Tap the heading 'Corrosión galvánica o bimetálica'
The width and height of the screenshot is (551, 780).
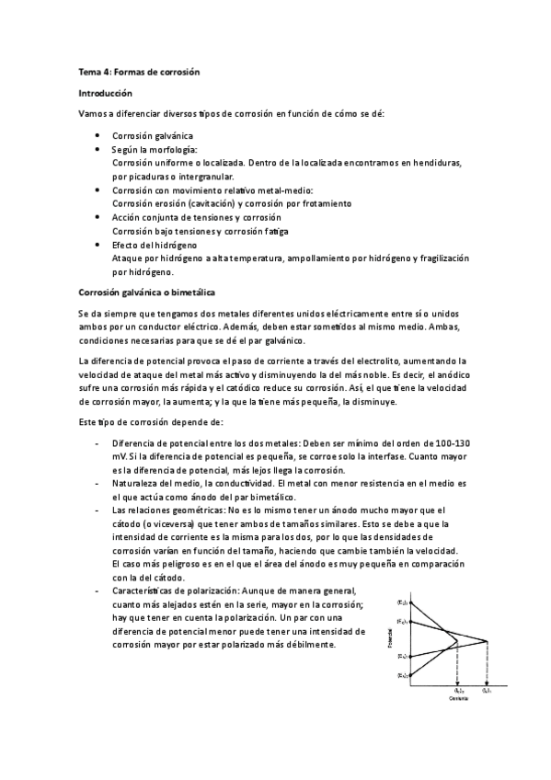pos(146,292)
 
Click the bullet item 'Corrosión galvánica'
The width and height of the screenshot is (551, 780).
pos(153,135)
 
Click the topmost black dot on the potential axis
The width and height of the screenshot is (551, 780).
pos(411,602)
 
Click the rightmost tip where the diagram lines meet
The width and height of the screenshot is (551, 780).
pos(487,640)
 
